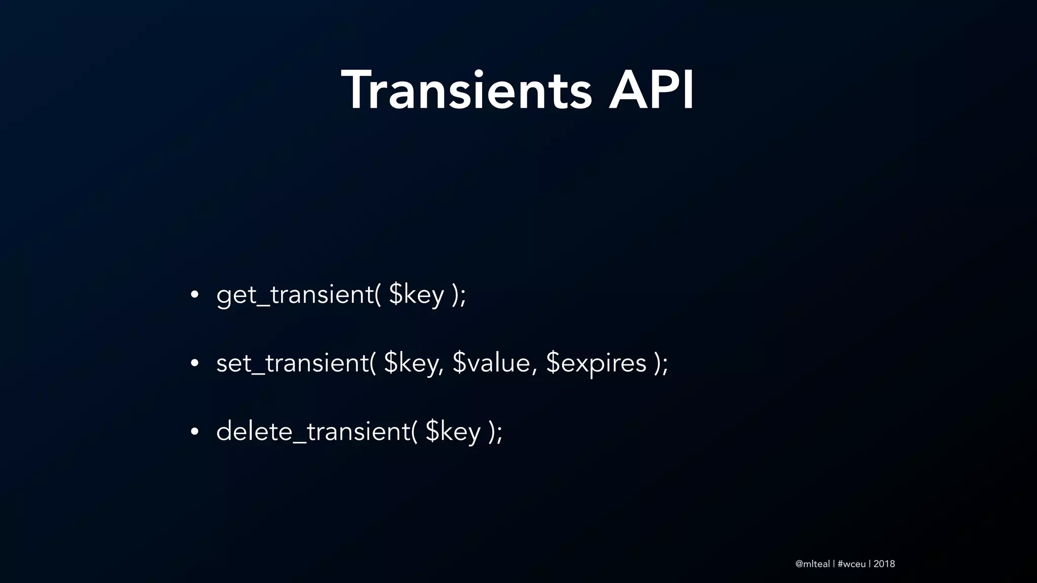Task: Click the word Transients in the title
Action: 466,91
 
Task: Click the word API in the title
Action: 651,91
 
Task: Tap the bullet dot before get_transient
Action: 194,295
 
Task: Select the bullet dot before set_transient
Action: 194,363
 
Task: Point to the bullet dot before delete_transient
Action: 194,432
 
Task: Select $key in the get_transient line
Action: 416,295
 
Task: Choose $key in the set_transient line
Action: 411,363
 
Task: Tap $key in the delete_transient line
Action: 453,432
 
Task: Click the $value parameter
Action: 491,363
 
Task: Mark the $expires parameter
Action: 596,363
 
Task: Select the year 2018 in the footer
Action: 884,564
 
